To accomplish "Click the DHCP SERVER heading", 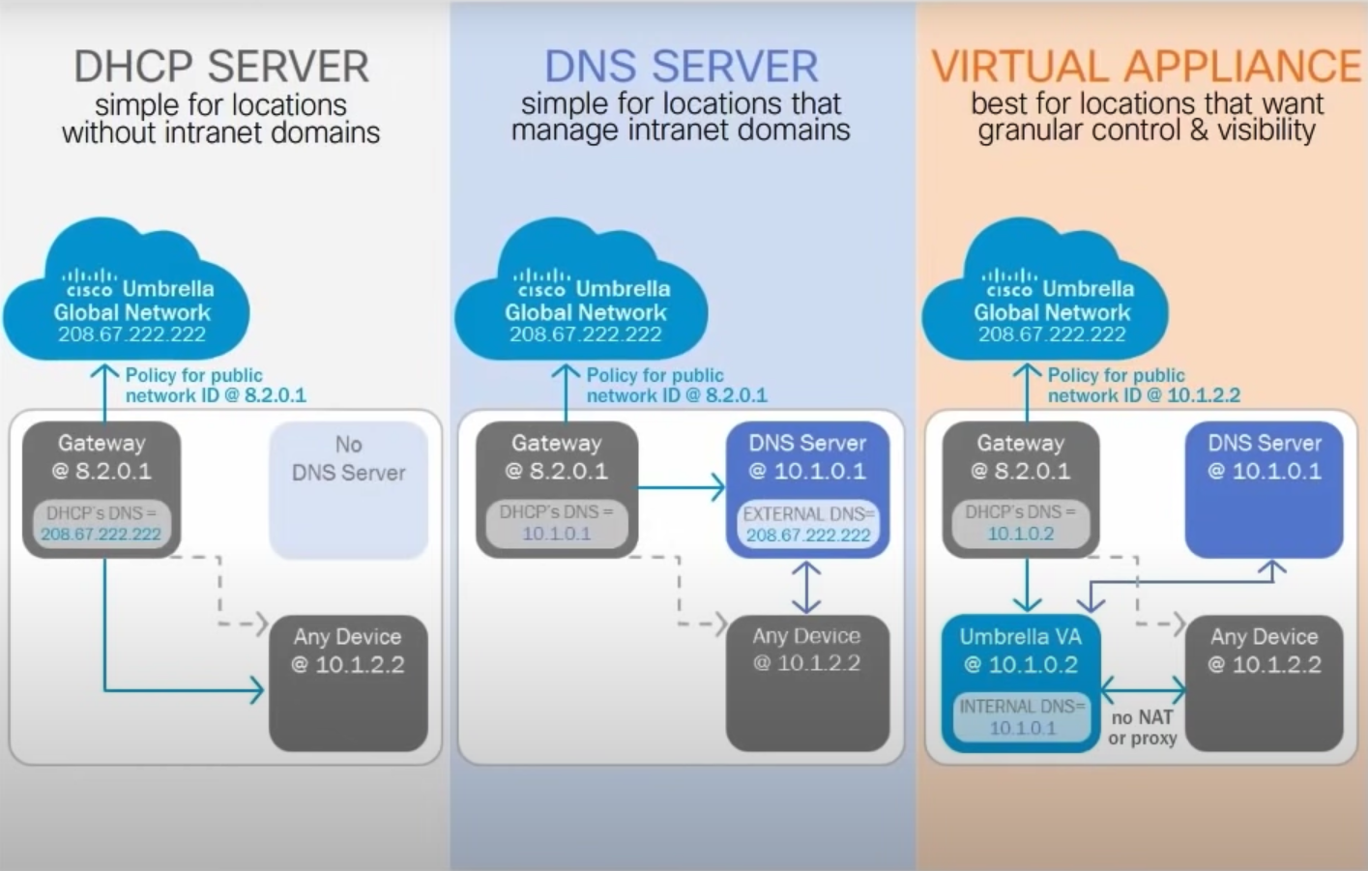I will (221, 67).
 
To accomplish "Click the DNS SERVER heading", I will (681, 67).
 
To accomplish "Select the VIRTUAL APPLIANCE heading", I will (1146, 67).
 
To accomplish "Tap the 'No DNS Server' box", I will (348, 488).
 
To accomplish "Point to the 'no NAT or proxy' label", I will (1142, 727).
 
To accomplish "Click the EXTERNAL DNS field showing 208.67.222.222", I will (808, 525).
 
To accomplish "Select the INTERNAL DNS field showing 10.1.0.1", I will (1022, 717).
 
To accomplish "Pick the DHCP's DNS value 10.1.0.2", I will (1020, 534).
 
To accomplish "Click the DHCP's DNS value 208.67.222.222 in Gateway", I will (101, 534).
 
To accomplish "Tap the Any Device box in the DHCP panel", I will (348, 682).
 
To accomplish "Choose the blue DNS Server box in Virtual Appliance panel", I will (1264, 488).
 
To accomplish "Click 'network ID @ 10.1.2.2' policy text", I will (1144, 395).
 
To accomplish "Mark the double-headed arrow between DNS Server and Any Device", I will (806, 587).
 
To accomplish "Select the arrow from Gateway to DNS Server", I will (681, 487).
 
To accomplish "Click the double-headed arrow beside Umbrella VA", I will (1143, 689).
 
